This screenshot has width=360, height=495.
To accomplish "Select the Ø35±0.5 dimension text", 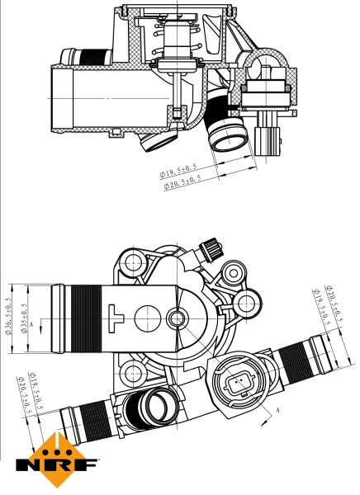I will [26, 317].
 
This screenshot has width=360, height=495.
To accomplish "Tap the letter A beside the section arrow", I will [278, 410].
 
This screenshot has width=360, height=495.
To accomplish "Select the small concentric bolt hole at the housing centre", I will [176, 317].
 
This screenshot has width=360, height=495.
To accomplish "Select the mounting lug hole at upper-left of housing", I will [130, 264].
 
